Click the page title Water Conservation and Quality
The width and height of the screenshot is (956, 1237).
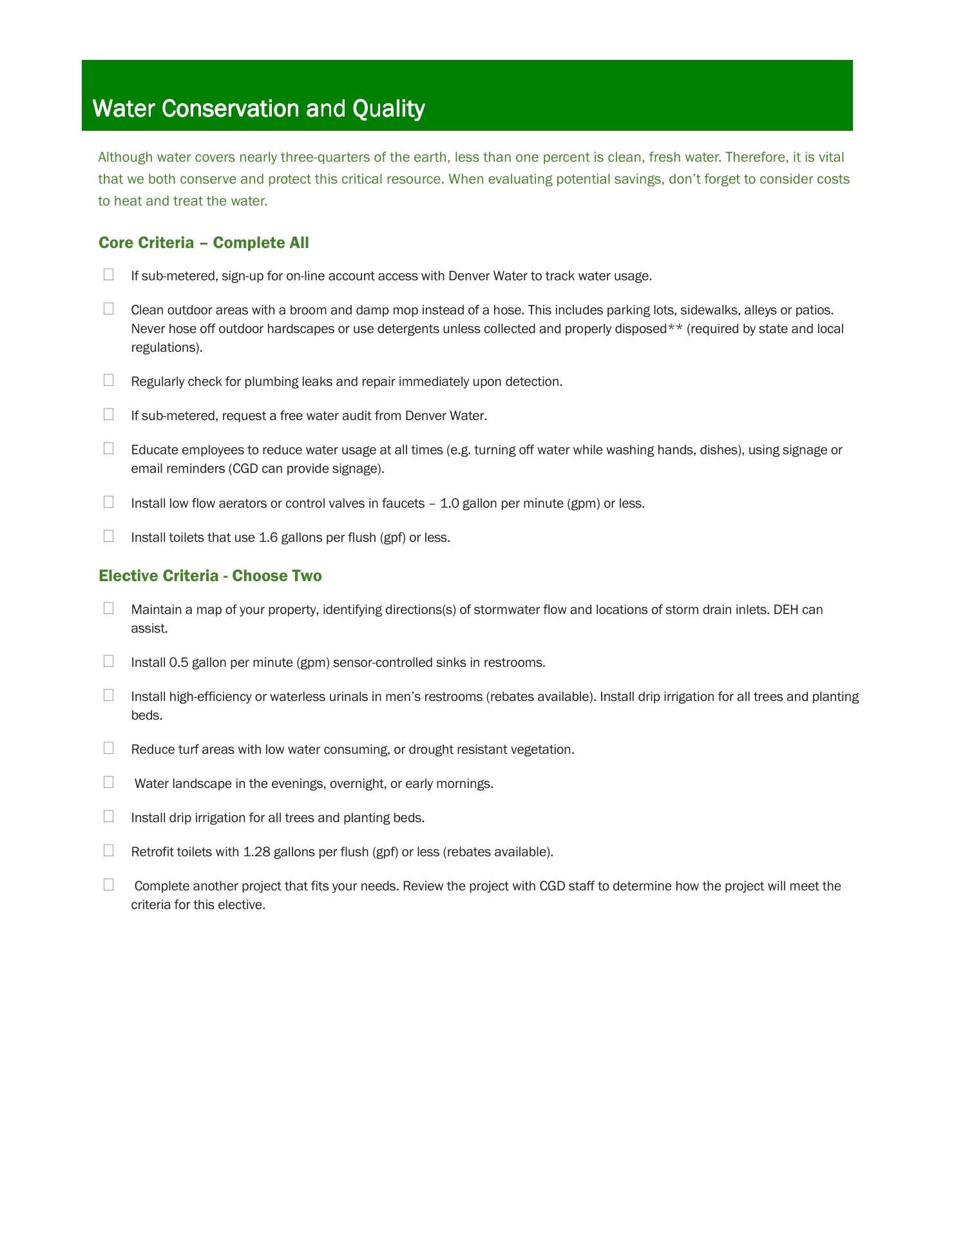click(x=258, y=108)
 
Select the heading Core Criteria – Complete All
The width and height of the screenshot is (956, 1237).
click(x=204, y=243)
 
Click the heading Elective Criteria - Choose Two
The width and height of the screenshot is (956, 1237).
click(x=210, y=576)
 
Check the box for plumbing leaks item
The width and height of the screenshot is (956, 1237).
click(x=108, y=380)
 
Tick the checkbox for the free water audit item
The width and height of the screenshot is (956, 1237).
click(x=108, y=414)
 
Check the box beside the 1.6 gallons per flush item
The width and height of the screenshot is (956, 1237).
click(x=108, y=536)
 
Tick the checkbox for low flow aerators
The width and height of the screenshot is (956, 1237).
click(x=108, y=502)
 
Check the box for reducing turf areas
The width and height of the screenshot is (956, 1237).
click(x=108, y=748)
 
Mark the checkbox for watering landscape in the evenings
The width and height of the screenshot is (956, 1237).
click(x=108, y=782)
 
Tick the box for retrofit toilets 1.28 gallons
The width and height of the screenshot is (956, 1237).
click(x=108, y=850)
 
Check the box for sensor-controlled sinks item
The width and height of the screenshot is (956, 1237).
click(x=108, y=661)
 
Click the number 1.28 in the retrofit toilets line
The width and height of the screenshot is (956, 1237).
click(x=256, y=852)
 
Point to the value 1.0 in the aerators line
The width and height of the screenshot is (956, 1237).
click(x=450, y=504)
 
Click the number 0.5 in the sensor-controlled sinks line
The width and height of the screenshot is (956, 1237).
click(x=178, y=663)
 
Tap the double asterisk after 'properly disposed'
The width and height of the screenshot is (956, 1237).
click(x=675, y=329)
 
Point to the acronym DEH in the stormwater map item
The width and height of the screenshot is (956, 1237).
click(x=786, y=610)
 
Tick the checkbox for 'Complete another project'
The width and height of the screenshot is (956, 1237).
click(x=108, y=885)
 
